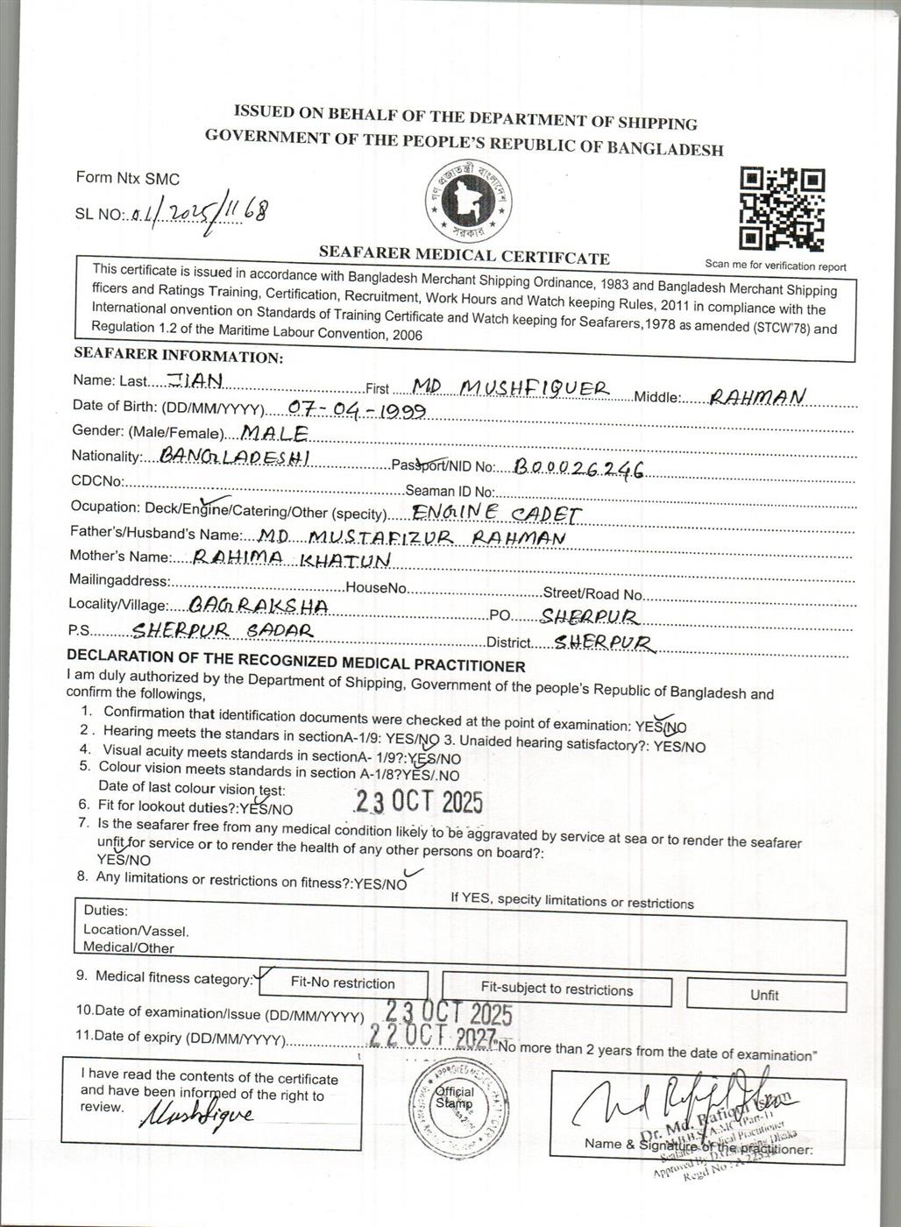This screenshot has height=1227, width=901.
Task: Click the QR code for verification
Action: click(782, 209)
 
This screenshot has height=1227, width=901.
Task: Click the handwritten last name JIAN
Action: click(195, 379)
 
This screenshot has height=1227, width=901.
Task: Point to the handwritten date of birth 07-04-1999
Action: click(357, 410)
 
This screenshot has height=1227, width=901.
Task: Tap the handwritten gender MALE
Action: click(273, 433)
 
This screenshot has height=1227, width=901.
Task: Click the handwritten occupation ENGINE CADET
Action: click(496, 513)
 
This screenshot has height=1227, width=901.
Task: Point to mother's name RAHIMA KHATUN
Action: click(291, 558)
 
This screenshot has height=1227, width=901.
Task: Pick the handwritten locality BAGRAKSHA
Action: click(247, 606)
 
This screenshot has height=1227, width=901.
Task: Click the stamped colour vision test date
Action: click(419, 801)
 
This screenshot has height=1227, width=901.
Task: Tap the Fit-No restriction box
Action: click(343, 983)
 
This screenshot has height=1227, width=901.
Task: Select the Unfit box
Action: click(765, 995)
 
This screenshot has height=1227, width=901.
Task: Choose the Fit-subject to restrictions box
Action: click(557, 989)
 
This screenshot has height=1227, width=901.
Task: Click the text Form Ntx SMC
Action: click(128, 178)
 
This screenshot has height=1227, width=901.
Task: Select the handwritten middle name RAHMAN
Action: click(756, 397)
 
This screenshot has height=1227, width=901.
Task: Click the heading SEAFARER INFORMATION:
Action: click(178, 356)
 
